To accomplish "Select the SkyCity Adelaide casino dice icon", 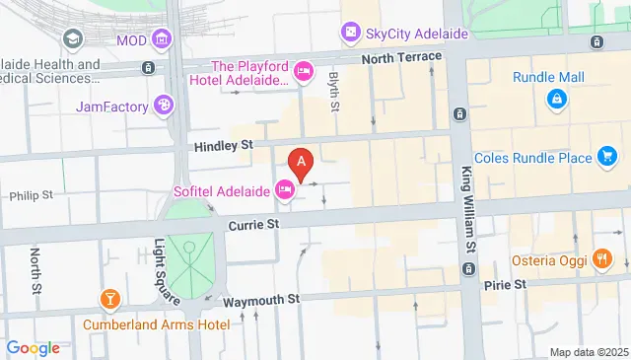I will coord(350,34).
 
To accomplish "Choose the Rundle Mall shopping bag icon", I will coord(557,99).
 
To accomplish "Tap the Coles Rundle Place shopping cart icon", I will coord(607,157).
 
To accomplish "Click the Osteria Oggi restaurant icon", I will coord(602,260).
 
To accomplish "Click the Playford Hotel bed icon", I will coord(304,70).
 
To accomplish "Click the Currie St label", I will coord(254,225).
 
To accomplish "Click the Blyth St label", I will coord(334,90).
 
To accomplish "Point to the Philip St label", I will coord(31,195).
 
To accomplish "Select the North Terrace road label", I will coord(401,57).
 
